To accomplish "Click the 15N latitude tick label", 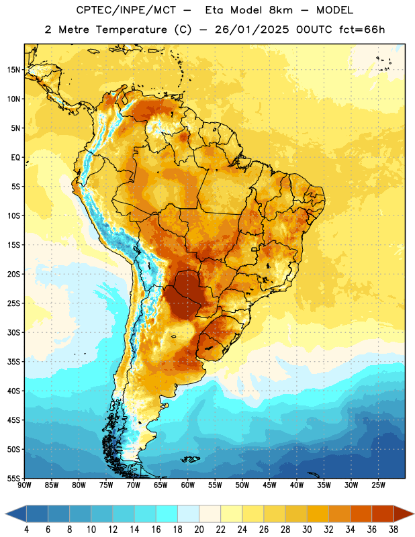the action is click(x=13, y=70).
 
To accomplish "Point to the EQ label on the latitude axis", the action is click(x=15, y=158).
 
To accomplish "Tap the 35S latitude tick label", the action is click(x=13, y=362).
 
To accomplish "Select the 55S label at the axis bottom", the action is click(x=13, y=479).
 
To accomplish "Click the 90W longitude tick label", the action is click(x=24, y=485).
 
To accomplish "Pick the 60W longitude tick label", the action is click(x=188, y=485).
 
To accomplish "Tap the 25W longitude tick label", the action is click(x=378, y=485).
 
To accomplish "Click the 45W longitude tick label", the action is click(x=270, y=485).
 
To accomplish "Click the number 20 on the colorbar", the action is click(x=199, y=530).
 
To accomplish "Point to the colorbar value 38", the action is click(x=394, y=530).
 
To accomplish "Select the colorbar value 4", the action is click(x=26, y=530).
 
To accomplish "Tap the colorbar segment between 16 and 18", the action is click(x=167, y=514).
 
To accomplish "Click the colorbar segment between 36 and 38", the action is click(x=383, y=514).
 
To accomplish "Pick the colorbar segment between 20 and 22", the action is click(x=210, y=514).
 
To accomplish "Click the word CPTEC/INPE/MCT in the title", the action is click(x=126, y=10).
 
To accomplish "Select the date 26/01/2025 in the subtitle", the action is click(x=252, y=30).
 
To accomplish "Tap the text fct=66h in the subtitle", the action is click(x=362, y=30).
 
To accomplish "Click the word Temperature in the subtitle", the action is click(x=131, y=30).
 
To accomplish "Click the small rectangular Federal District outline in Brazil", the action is click(x=255, y=250).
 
